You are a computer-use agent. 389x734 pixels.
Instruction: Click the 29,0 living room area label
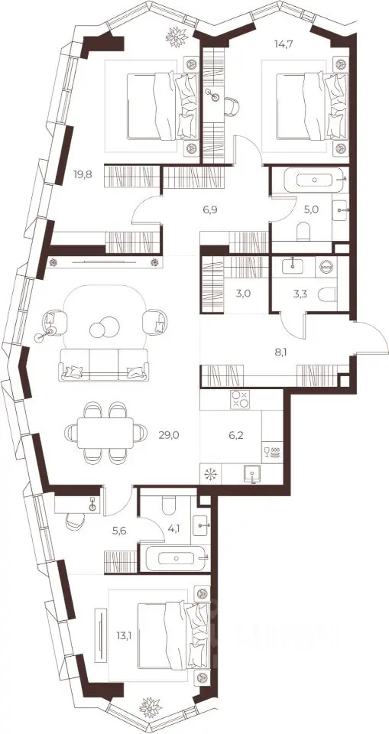169,435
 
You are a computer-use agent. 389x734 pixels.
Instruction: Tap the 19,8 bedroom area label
83,174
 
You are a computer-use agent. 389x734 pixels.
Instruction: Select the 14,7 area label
284,44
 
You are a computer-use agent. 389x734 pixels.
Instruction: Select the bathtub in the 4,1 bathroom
177,557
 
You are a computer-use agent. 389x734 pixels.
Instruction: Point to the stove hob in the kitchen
240,399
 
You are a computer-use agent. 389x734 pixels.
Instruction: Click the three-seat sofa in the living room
104,364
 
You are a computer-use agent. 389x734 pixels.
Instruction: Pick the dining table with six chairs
105,432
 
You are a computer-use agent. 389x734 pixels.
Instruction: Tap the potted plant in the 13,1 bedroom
151,707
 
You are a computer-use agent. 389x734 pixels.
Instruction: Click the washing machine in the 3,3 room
326,266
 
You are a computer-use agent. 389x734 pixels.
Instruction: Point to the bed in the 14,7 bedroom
311,106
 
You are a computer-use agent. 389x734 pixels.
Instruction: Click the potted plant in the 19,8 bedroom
177,37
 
